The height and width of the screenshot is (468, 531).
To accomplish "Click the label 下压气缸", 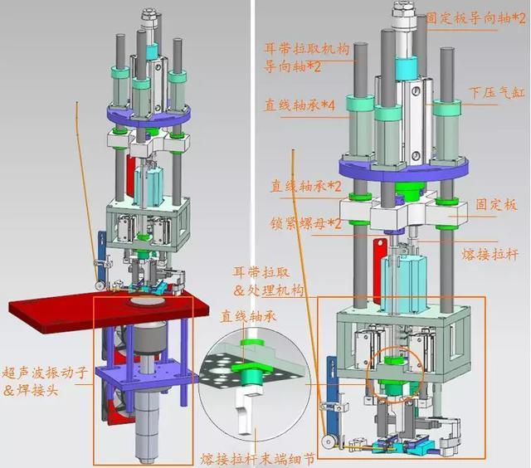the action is coord(497,92).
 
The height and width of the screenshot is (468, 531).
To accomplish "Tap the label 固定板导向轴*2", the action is coord(475,18).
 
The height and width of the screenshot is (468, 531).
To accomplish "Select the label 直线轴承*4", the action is coord(300,105).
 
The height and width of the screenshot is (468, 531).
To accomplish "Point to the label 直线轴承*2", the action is coord(305,186).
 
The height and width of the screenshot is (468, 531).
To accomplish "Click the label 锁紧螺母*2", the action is coord(306,223).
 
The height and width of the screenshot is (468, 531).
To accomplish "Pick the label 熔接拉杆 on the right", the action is coord(490,254).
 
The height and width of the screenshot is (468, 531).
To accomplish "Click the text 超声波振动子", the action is coord(45,373).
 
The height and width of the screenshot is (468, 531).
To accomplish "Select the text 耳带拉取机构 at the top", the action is coord(306,49).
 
